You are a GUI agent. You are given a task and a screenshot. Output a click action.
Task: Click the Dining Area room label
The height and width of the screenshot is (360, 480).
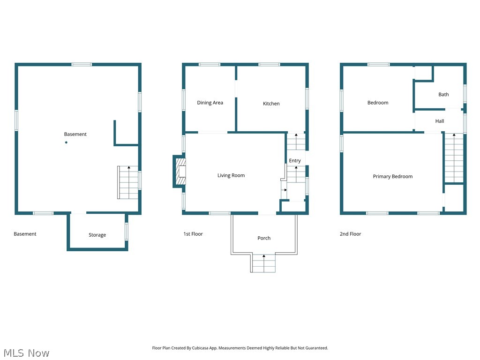[x=210, y=103]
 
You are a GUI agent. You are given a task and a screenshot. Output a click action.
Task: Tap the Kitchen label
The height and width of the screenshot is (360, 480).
[x=271, y=104]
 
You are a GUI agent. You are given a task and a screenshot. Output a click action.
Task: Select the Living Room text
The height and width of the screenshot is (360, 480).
[x=231, y=175]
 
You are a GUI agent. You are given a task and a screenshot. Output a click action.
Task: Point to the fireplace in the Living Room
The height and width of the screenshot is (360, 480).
[x=179, y=171]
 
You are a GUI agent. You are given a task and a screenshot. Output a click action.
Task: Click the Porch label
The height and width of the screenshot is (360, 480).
[x=264, y=238]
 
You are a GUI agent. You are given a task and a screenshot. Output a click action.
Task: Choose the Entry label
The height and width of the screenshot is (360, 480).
[x=295, y=161]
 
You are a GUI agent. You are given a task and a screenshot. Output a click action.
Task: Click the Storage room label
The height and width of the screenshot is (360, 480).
[x=97, y=235]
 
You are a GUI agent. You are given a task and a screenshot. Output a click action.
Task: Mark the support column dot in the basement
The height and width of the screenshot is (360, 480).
[x=66, y=142]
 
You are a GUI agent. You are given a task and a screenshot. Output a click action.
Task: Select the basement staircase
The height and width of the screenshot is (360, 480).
[x=128, y=182]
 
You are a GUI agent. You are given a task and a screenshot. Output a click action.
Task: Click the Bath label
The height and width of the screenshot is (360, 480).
[x=443, y=94]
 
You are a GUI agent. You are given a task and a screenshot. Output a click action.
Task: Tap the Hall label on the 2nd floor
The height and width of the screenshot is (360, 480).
[x=439, y=121]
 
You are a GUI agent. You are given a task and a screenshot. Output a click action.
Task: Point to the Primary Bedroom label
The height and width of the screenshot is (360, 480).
[x=392, y=177]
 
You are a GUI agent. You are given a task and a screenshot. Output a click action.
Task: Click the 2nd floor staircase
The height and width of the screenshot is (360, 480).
[x=454, y=158]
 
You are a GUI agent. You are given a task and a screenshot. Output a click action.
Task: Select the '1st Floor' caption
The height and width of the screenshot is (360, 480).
[x=193, y=234]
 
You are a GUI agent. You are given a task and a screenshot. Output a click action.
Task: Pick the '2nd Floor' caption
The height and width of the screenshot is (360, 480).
[x=350, y=234]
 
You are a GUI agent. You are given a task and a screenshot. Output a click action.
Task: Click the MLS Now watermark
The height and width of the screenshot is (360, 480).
[x=26, y=352]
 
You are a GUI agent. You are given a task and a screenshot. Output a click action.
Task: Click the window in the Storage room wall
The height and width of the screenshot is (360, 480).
[x=127, y=232]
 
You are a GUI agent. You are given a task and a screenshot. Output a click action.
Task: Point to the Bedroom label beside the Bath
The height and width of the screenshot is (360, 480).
[x=378, y=103]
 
